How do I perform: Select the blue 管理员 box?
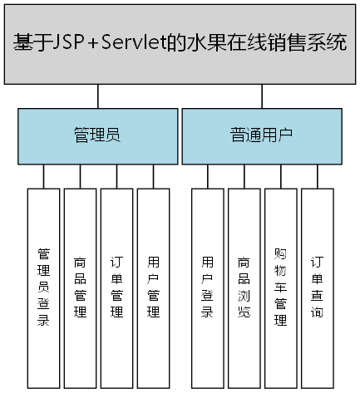coord(97,136)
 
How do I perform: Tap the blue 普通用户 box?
coord(262,136)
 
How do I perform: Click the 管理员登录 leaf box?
coord(43,287)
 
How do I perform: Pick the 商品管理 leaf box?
coord(80,287)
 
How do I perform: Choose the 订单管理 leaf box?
coord(116,287)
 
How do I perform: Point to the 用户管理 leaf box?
coord(153,287)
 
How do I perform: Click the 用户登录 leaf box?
coord(208,287)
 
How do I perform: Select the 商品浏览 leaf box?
coord(244,287)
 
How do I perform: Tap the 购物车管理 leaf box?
coord(280,287)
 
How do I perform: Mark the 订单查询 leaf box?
coord(317,287)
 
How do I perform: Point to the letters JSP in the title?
coord(65,43)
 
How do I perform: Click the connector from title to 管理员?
coord(97,96)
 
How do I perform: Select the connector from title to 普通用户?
coord(262,96)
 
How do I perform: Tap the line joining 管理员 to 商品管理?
coord(80,176)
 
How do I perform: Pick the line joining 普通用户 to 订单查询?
coord(317,176)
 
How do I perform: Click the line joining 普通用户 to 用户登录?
coord(208,176)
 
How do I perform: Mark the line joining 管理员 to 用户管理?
coord(153,176)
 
